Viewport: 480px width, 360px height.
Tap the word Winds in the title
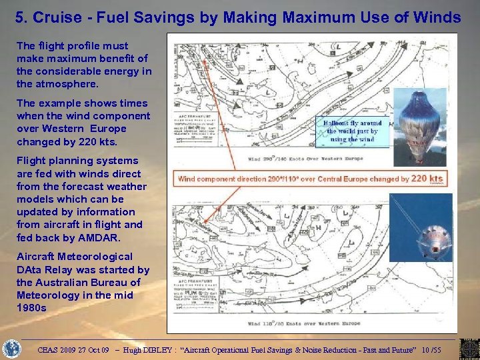434,17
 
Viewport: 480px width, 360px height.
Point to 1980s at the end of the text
31,308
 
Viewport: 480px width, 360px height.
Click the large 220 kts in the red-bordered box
427,178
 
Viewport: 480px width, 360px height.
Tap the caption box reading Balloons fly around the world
352,131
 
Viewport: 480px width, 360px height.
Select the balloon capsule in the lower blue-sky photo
433,243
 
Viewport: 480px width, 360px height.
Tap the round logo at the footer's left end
13,349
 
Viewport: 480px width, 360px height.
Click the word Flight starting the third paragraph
30,161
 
